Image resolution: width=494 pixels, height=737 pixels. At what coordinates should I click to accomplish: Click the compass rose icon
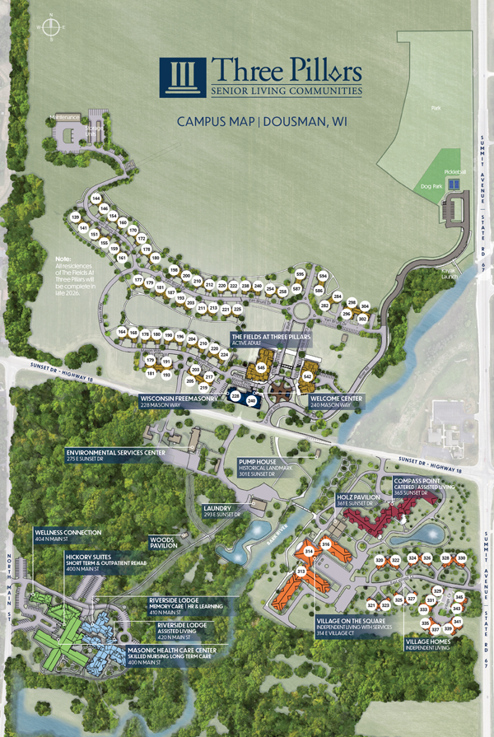coord(52,28)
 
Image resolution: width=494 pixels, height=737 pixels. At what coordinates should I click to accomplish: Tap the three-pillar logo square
coord(184,78)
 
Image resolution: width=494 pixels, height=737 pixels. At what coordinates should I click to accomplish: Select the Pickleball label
coord(455,171)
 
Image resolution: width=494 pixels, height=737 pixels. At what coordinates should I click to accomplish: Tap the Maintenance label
coord(63,118)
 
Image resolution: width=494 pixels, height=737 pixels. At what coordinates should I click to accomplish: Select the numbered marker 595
coord(300,274)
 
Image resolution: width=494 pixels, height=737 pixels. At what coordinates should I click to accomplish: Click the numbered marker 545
coord(260,367)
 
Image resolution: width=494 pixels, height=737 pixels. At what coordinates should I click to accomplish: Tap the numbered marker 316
coord(326,544)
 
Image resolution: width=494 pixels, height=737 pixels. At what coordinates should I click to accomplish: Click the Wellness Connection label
coord(68,533)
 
